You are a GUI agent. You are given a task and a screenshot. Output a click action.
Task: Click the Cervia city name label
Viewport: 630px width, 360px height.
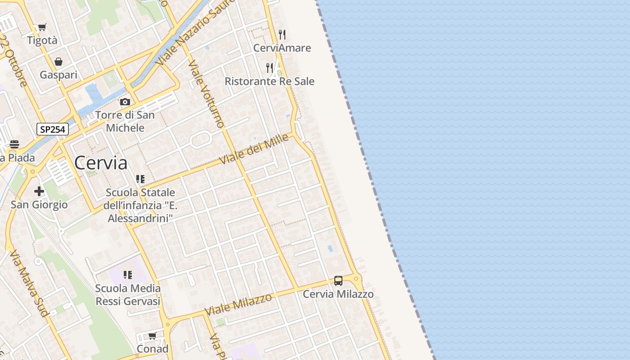click(101, 162)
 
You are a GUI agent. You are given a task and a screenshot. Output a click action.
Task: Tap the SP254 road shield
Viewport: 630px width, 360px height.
click(52, 130)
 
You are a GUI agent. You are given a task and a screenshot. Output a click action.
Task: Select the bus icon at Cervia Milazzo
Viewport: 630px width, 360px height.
click(338, 281)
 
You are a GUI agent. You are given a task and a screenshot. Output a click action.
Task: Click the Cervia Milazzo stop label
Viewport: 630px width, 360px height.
click(338, 294)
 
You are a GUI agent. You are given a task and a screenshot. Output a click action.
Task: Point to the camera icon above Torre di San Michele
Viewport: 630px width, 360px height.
click(125, 102)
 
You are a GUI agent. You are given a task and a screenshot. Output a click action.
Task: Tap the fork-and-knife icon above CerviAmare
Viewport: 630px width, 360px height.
click(282, 34)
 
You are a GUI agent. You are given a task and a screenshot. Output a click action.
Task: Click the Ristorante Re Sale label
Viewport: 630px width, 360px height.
click(270, 81)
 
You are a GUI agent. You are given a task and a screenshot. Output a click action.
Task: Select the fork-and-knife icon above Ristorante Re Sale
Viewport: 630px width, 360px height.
click(270, 68)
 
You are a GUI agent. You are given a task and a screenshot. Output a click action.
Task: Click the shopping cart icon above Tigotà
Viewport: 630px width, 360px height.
click(42, 27)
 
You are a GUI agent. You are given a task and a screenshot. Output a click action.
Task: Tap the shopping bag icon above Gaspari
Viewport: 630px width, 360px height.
click(58, 62)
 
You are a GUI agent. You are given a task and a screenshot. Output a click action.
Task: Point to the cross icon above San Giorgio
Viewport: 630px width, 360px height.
click(39, 191)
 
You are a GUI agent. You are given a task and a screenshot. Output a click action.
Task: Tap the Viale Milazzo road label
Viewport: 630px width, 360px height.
click(238, 304)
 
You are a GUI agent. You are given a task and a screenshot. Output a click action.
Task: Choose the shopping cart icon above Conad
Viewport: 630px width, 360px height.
click(153, 336)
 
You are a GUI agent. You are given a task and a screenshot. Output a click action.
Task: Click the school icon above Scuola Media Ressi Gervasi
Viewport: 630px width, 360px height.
click(128, 275)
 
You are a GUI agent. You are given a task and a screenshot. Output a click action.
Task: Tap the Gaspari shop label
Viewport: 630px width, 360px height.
click(58, 75)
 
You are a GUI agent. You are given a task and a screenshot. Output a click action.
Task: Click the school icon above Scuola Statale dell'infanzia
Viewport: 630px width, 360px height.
click(140, 179)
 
